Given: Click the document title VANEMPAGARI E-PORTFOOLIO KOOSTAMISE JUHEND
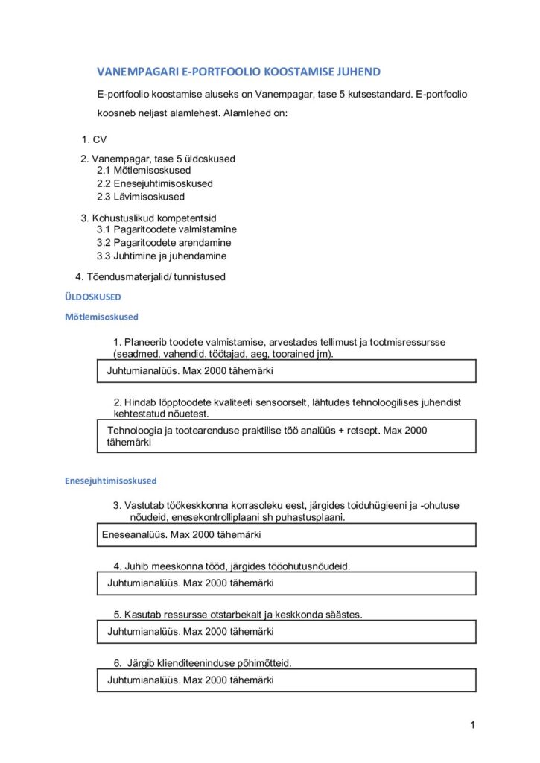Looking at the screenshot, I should [x=238, y=72].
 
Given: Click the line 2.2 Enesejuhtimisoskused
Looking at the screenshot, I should [x=154, y=183].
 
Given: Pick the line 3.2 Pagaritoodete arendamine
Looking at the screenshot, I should [x=164, y=243].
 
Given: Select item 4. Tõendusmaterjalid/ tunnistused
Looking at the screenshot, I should [x=150, y=276].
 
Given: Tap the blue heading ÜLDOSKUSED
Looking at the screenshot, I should [x=85, y=297].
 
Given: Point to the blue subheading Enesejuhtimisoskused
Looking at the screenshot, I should [x=111, y=481].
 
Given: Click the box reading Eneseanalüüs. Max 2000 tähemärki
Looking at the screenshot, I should [x=287, y=534].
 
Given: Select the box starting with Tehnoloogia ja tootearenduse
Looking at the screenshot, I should [x=287, y=436].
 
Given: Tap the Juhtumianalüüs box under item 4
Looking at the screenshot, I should [x=287, y=583].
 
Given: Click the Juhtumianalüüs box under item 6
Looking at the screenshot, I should [x=287, y=680].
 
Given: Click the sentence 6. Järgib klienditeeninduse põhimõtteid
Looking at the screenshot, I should [x=202, y=663].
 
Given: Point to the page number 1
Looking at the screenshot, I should [x=472, y=725].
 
